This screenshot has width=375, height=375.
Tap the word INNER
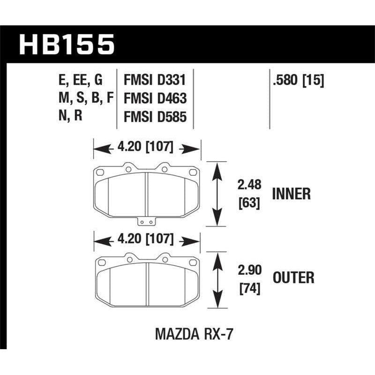pos(291,193)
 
